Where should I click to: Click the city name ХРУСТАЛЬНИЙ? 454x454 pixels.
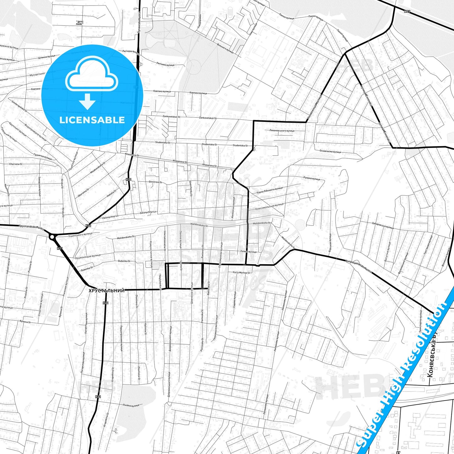(x=107, y=291)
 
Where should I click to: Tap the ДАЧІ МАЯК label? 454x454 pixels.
(x=80, y=23)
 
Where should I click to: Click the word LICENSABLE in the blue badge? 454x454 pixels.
(x=92, y=120)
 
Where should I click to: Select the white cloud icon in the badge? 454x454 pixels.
(x=91, y=75)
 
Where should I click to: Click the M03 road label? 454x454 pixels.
(x=407, y=12)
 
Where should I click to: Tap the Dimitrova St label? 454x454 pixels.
(x=155, y=182)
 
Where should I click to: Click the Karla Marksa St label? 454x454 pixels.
(x=241, y=273)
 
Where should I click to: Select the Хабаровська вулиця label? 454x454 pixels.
(x=382, y=225)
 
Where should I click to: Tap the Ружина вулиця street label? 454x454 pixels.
(x=311, y=178)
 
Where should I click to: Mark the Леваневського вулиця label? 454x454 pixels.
(x=282, y=130)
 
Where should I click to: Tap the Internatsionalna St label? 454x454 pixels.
(x=164, y=241)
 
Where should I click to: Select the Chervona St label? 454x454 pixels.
(x=16, y=164)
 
